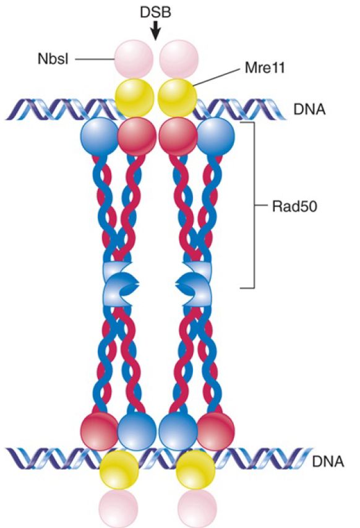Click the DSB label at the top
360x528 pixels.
pyautogui.click(x=155, y=12)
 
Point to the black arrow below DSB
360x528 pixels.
pyautogui.click(x=155, y=31)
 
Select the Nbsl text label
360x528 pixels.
pyautogui.click(x=53, y=59)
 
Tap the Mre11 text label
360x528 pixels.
pyautogui.click(x=265, y=67)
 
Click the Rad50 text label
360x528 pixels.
pyautogui.click(x=294, y=206)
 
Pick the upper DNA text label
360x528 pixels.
pyautogui.click(x=309, y=110)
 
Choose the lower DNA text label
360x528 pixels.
pyautogui.click(x=328, y=461)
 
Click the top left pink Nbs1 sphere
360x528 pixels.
pyautogui.click(x=134, y=59)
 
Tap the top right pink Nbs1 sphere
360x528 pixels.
pyautogui.click(x=179, y=59)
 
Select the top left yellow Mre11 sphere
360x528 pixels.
pyautogui.click(x=134, y=98)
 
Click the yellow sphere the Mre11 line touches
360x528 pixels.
pyautogui.click(x=178, y=98)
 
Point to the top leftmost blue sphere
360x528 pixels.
pyautogui.click(x=100, y=137)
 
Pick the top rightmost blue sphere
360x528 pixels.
pyautogui.click(x=215, y=137)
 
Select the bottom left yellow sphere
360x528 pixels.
pyautogui.click(x=119, y=470)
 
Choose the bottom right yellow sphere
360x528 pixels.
pyautogui.click(x=195, y=470)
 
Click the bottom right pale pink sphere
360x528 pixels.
pyautogui.click(x=197, y=508)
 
